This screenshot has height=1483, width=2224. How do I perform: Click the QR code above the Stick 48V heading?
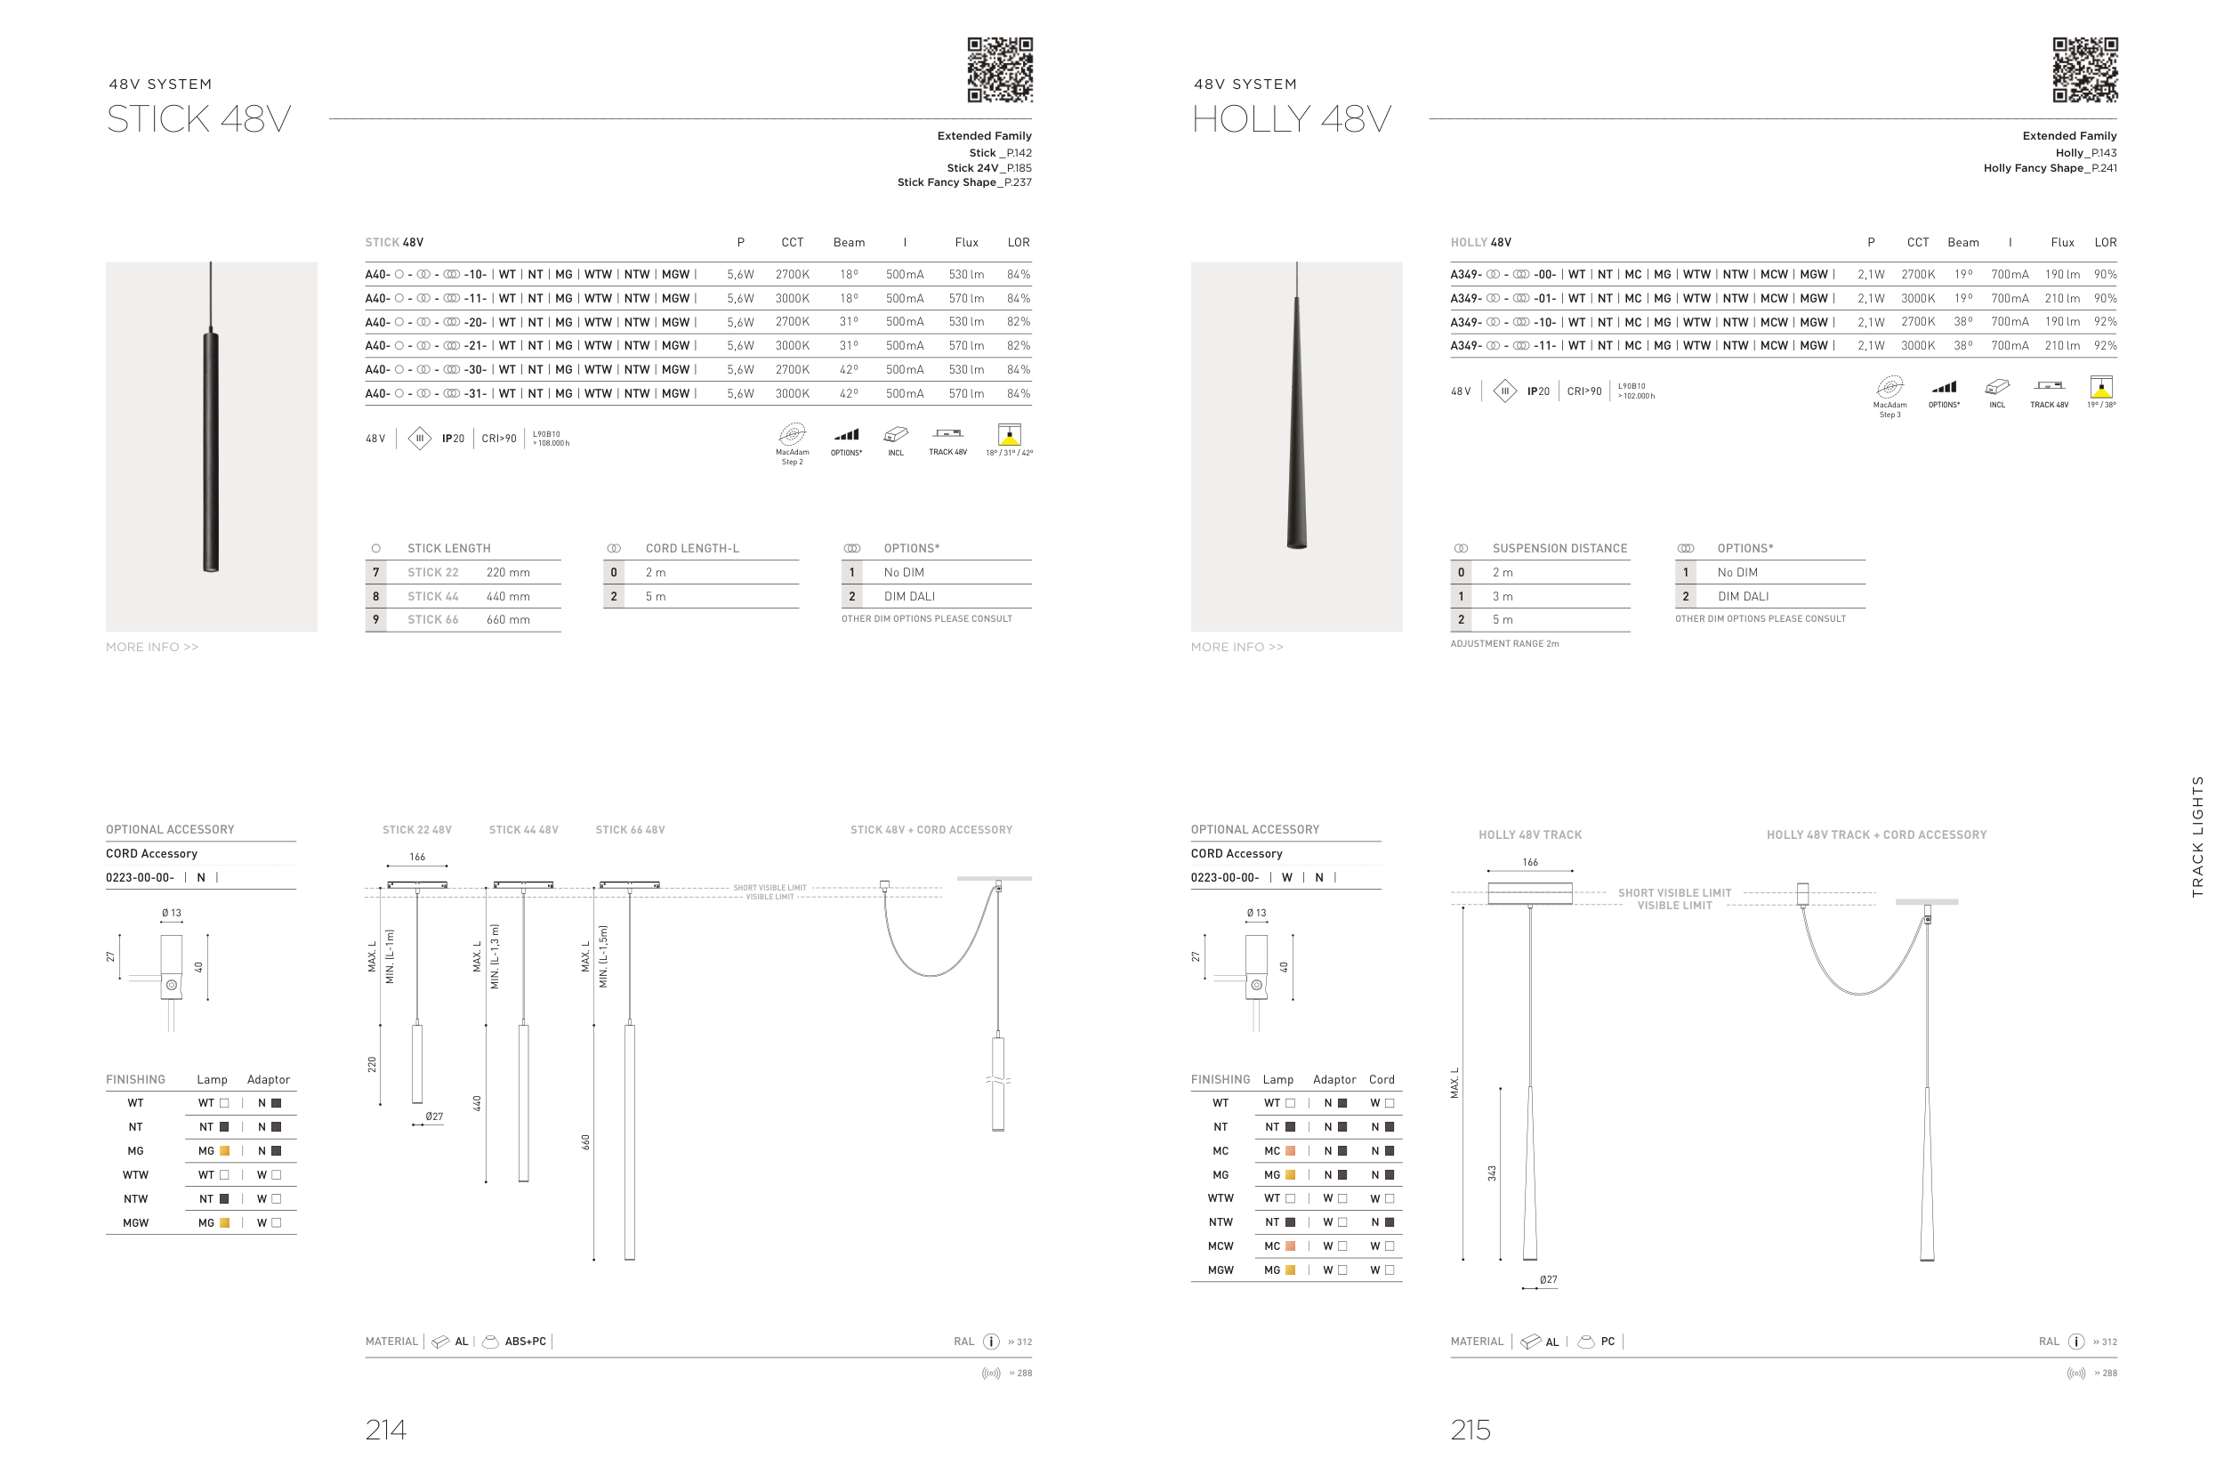[x=1000, y=70]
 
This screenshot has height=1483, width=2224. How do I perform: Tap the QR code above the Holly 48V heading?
[x=2085, y=70]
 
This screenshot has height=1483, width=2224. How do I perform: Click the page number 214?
[x=386, y=1429]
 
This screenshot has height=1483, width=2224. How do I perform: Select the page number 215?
[x=1471, y=1429]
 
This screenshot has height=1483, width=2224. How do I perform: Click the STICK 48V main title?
[x=198, y=119]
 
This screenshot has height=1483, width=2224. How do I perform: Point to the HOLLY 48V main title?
[x=1292, y=119]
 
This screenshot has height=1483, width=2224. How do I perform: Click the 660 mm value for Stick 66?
[x=508, y=619]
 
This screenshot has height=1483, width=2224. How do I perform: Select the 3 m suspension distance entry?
[x=1503, y=596]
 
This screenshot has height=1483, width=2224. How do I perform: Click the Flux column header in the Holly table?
[x=2062, y=242]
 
